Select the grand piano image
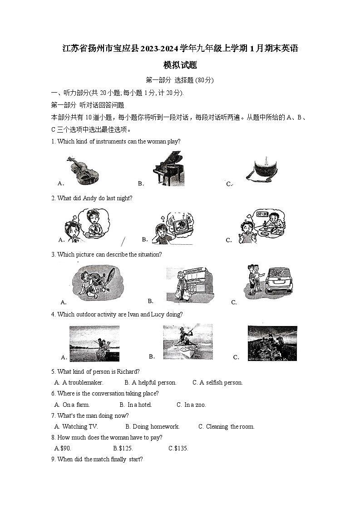click(168, 168)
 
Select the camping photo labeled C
click(272, 343)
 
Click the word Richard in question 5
click(127, 371)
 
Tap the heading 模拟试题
click(180, 65)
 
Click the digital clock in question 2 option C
click(262, 213)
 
